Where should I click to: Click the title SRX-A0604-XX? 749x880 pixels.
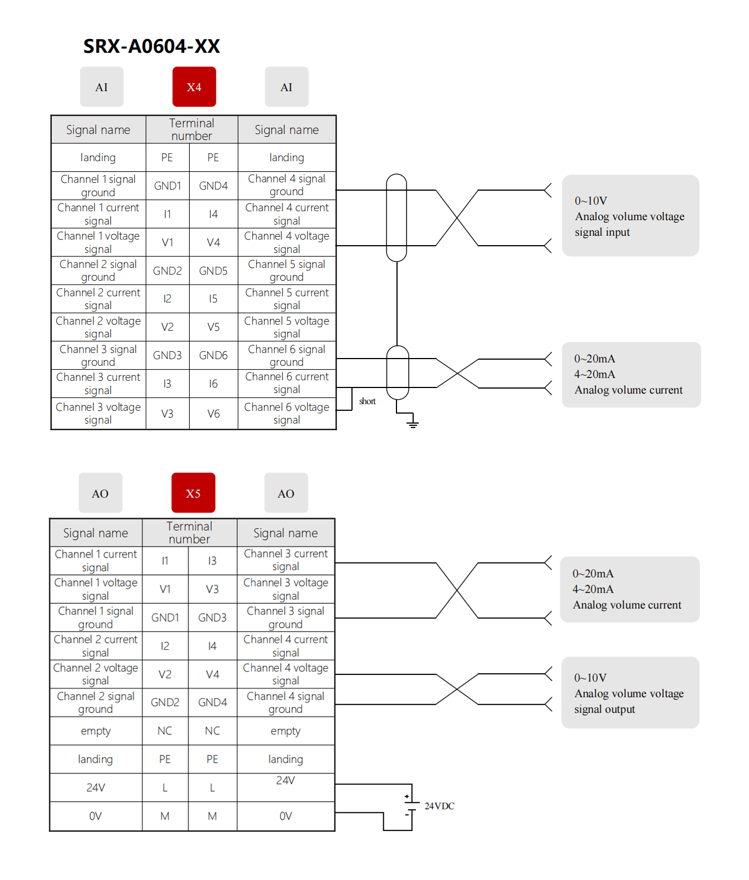coord(151,46)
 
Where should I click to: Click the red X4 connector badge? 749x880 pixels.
coord(194,87)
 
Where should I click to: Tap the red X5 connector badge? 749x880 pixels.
coord(193,493)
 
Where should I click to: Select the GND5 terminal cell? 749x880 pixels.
coord(214,271)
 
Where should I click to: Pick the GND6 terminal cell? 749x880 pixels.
coord(214,355)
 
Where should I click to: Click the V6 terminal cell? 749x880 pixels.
coord(214,414)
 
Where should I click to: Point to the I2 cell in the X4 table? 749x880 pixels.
coord(167,299)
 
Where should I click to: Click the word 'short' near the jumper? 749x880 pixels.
coord(367,401)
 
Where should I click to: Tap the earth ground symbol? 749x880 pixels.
coord(412,424)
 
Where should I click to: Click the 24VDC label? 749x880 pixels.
coord(439,806)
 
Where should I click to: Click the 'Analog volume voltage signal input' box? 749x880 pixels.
coord(630,216)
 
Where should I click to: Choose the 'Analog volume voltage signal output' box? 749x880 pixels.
coord(630,693)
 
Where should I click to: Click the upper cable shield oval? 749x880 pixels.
coord(396,217)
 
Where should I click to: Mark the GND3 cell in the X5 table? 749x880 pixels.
coord(212,618)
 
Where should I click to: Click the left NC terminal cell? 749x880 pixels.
coord(165,731)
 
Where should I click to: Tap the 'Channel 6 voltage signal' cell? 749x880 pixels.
coord(287,414)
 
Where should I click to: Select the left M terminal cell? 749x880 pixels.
coord(165,816)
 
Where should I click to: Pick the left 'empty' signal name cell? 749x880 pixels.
coord(96,731)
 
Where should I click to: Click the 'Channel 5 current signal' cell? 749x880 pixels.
coord(287,299)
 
